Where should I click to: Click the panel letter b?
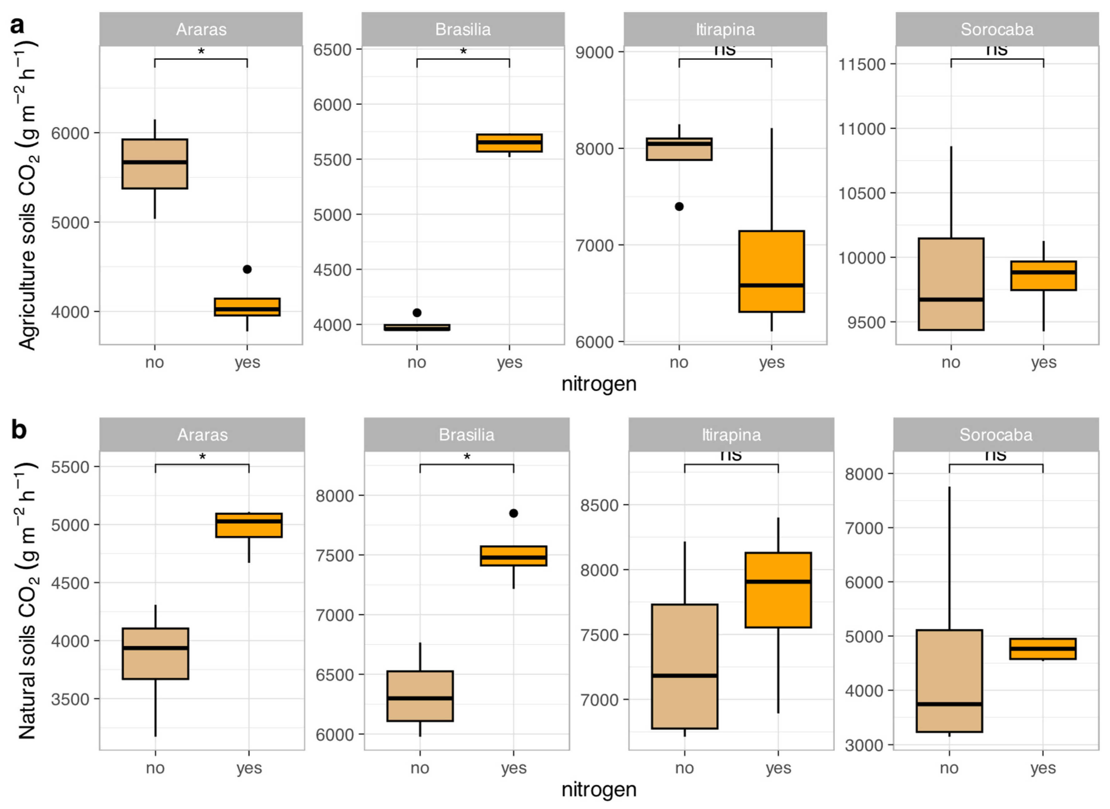click(x=19, y=430)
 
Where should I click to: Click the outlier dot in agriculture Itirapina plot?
click(x=679, y=207)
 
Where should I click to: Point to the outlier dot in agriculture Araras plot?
click(x=247, y=269)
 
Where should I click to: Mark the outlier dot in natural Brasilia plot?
click(x=513, y=513)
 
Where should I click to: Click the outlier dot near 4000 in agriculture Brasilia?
click(x=417, y=312)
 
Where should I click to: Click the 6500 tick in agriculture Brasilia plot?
click(x=332, y=49)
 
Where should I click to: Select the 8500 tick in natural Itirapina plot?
click(x=599, y=505)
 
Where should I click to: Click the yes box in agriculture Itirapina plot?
click(x=771, y=271)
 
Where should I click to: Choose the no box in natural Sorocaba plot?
click(x=949, y=680)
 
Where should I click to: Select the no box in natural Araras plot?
click(x=155, y=653)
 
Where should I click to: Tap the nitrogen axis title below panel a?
click(x=599, y=384)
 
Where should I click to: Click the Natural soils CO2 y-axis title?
click(x=27, y=600)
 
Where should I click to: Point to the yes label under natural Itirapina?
click(x=778, y=768)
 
